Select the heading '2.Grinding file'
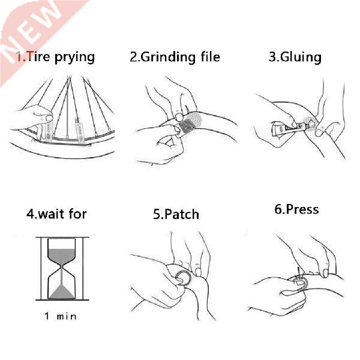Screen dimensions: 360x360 click(175, 57)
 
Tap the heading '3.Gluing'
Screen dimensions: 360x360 click(295, 57)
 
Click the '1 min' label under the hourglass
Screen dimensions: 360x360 click(61, 316)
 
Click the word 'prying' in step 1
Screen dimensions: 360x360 click(73, 58)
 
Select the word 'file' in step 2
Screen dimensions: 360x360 click(208, 57)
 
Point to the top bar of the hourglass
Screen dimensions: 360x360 click(61, 239)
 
